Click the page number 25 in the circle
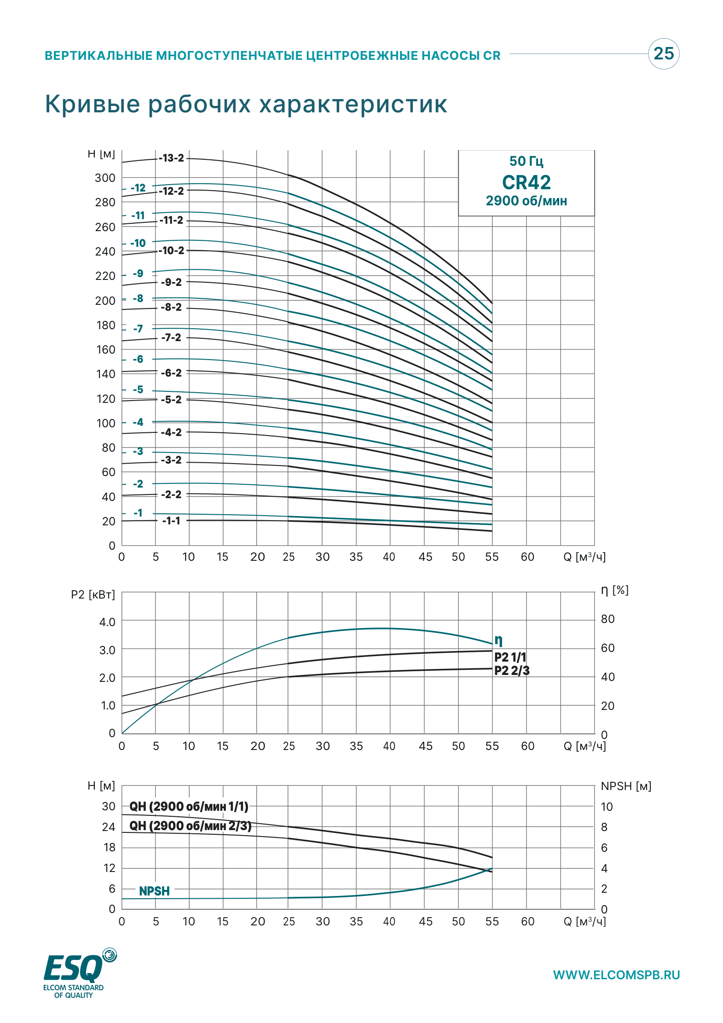point(664,54)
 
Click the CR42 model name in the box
point(526,182)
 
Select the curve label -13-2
point(171,158)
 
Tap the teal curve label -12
point(138,188)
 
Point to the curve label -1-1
point(171,521)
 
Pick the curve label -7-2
point(171,337)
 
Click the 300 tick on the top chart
point(105,178)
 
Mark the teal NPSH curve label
point(154,891)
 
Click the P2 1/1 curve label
point(510,657)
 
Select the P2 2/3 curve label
point(512,670)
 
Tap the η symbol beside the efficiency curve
point(498,640)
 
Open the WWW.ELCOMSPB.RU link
point(616,975)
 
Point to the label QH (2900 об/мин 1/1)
point(189,806)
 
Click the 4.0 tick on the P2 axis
point(107,622)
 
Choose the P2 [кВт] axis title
point(93,595)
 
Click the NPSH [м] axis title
point(626,786)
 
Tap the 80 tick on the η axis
point(607,619)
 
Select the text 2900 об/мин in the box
point(526,201)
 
